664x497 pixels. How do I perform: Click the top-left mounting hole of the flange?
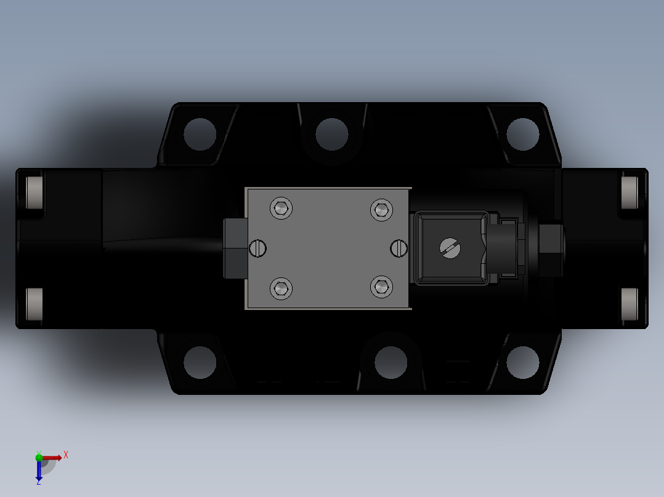pos(200,133)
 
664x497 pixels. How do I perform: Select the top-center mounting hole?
pos(331,133)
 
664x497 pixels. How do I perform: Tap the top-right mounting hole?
pos(523,133)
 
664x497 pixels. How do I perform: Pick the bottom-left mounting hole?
pos(200,362)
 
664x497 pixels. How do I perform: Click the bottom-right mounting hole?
pos(523,362)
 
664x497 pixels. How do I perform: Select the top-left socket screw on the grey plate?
pos(281,209)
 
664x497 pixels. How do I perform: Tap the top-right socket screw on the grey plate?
pos(381,210)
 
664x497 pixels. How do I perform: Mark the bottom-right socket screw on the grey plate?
pos(381,287)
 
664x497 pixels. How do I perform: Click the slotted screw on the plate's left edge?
pos(258,248)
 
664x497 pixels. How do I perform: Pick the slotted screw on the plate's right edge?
pos(400,248)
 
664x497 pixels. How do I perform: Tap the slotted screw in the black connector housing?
pos(450,248)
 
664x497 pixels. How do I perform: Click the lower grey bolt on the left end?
pos(35,304)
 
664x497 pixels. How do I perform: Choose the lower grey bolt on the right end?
pos(630,304)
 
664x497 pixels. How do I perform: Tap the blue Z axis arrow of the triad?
pos(39,472)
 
